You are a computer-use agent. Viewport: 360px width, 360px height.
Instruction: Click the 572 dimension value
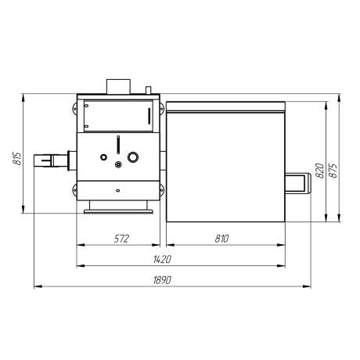click(121, 239)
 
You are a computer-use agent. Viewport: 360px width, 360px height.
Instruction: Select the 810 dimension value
click(221, 239)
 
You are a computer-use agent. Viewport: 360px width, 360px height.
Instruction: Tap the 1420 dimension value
click(162, 259)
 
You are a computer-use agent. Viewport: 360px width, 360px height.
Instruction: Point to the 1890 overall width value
click(162, 280)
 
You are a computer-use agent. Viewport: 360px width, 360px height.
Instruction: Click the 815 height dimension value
click(16, 158)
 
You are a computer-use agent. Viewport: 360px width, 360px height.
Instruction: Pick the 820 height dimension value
click(319, 171)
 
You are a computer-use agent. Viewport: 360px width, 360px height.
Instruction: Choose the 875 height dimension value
click(333, 171)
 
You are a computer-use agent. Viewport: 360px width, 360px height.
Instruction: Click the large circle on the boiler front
click(133, 157)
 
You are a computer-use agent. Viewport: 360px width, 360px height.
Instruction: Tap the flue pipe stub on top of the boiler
click(118, 86)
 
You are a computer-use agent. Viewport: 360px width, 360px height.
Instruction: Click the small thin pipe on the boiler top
click(148, 90)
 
